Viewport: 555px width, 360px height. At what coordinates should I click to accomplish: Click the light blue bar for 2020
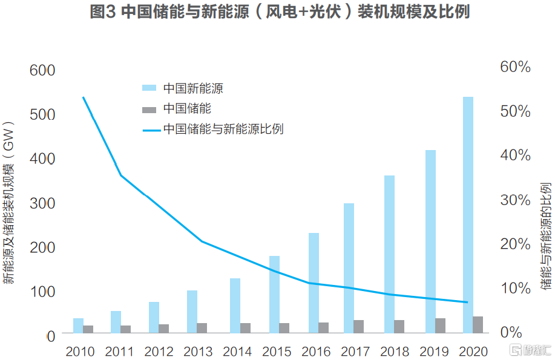pyautogui.click(x=468, y=215)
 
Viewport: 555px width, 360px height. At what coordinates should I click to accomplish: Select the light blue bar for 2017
pyautogui.click(x=349, y=268)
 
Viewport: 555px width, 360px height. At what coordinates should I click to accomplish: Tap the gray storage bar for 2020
pyautogui.click(x=478, y=325)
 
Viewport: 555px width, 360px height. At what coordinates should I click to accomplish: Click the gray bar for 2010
pyautogui.click(x=88, y=329)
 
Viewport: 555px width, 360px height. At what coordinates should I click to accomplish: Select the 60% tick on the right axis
pyautogui.click(x=515, y=67)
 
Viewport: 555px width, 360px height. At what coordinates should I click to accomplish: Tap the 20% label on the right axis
pyautogui.click(x=515, y=243)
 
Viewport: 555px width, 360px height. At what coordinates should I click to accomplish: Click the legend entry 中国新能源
pyautogui.click(x=192, y=88)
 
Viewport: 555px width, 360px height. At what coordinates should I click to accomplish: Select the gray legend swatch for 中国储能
pyautogui.click(x=149, y=110)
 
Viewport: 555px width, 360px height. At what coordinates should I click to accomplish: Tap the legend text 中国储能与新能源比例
pyautogui.click(x=223, y=129)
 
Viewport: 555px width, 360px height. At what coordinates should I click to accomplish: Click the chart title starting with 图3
pyautogui.click(x=279, y=13)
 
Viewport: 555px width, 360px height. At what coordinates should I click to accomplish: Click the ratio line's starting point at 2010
pyautogui.click(x=83, y=97)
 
